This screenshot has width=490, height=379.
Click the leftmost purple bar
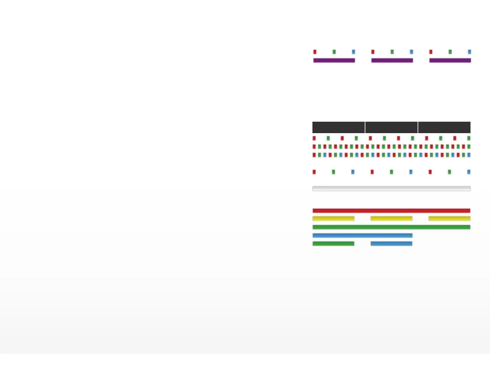pyautogui.click(x=334, y=60)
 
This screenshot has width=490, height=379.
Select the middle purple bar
pyautogui.click(x=392, y=60)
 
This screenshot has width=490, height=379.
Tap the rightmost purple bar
pyautogui.click(x=450, y=60)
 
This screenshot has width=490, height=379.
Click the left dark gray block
pyautogui.click(x=338, y=127)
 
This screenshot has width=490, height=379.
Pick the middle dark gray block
pyautogui.click(x=391, y=127)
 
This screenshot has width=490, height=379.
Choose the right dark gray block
pyautogui.click(x=444, y=127)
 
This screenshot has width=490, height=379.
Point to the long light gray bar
pyautogui.click(x=391, y=189)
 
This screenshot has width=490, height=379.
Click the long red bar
pyautogui.click(x=391, y=211)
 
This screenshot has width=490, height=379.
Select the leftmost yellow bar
pyautogui.click(x=333, y=218)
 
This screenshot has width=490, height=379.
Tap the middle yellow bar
pyautogui.click(x=391, y=218)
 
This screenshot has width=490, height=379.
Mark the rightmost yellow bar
pyautogui.click(x=449, y=218)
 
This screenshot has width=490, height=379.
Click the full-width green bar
pyautogui.click(x=391, y=227)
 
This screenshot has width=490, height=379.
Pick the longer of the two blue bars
pyautogui.click(x=363, y=235)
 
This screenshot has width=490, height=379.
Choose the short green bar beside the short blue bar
pyautogui.click(x=333, y=244)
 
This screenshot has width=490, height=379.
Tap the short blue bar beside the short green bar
pyautogui.click(x=391, y=244)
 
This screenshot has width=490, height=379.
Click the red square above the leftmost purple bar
pyautogui.click(x=315, y=52)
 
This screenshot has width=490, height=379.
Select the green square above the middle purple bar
pyautogui.click(x=392, y=52)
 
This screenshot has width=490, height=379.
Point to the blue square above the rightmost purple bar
pyautogui.click(x=469, y=52)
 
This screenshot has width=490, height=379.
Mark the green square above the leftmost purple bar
pyautogui.click(x=334, y=52)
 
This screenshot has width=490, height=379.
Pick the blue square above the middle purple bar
pyautogui.click(x=411, y=52)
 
